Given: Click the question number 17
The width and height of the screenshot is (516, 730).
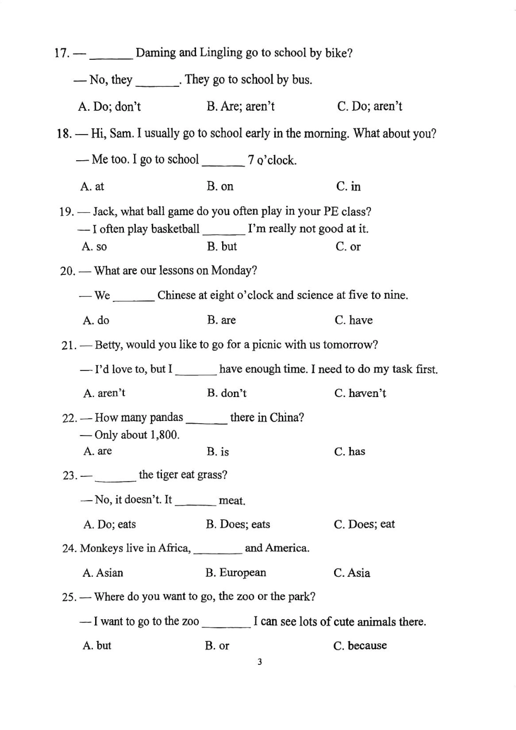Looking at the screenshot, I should click(x=61, y=53).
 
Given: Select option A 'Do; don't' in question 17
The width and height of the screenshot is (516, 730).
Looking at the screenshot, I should click(x=109, y=106).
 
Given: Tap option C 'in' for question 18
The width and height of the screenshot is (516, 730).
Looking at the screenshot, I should click(x=348, y=187).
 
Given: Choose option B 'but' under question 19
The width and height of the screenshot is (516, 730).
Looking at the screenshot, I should click(x=222, y=247).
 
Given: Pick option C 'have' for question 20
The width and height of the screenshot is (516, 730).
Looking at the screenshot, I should click(x=354, y=320).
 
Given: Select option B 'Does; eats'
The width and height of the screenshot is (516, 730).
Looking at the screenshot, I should click(x=237, y=525).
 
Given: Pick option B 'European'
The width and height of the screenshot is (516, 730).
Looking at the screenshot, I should click(x=236, y=573).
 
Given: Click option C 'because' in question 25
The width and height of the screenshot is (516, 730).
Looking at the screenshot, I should click(x=360, y=646).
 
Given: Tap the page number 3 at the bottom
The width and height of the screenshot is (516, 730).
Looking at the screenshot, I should click(x=260, y=662).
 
